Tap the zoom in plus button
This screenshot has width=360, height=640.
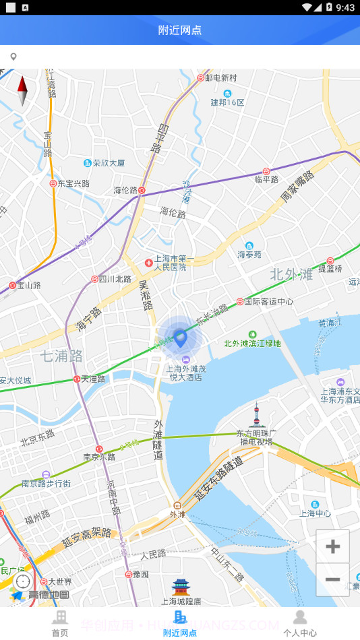(x=332, y=546)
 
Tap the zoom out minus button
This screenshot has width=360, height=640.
(x=332, y=579)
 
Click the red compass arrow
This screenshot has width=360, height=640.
(x=22, y=91)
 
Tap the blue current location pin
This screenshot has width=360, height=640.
(x=180, y=337)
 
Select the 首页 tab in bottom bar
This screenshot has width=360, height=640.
(x=60, y=624)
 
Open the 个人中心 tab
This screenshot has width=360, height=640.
(x=300, y=624)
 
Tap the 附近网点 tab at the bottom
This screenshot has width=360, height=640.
(x=180, y=624)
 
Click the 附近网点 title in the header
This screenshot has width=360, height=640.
(x=180, y=30)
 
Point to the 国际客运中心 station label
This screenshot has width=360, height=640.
(x=268, y=302)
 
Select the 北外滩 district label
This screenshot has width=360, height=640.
(x=292, y=274)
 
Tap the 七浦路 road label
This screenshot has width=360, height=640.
(x=61, y=355)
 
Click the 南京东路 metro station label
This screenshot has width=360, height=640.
(x=98, y=456)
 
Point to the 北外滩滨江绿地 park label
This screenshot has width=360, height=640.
(x=253, y=343)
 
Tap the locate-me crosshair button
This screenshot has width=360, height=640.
(x=23, y=581)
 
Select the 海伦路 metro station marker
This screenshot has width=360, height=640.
(x=142, y=191)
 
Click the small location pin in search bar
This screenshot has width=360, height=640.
(x=13, y=57)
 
